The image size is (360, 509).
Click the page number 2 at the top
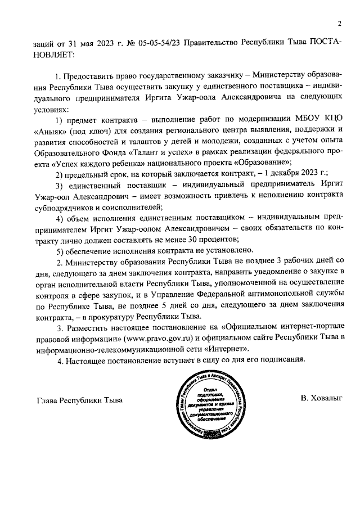tap(339, 24)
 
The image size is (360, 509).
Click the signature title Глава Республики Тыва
tap(79, 400)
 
